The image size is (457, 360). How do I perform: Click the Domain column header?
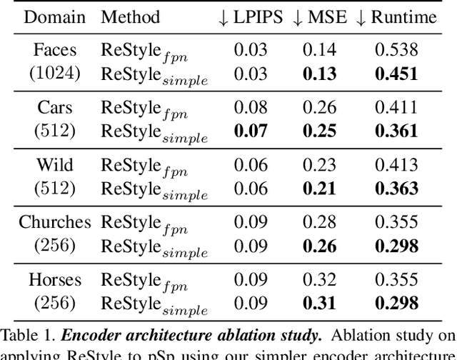(54, 17)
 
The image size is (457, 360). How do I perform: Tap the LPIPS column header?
(249, 17)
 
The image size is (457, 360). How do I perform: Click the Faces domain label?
(54, 49)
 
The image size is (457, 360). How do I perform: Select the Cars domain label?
(54, 107)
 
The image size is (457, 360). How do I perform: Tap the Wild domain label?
(54, 164)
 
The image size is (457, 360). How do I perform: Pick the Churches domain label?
(54, 222)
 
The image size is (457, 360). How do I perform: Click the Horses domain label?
(54, 280)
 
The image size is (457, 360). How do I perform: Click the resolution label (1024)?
(54, 74)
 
